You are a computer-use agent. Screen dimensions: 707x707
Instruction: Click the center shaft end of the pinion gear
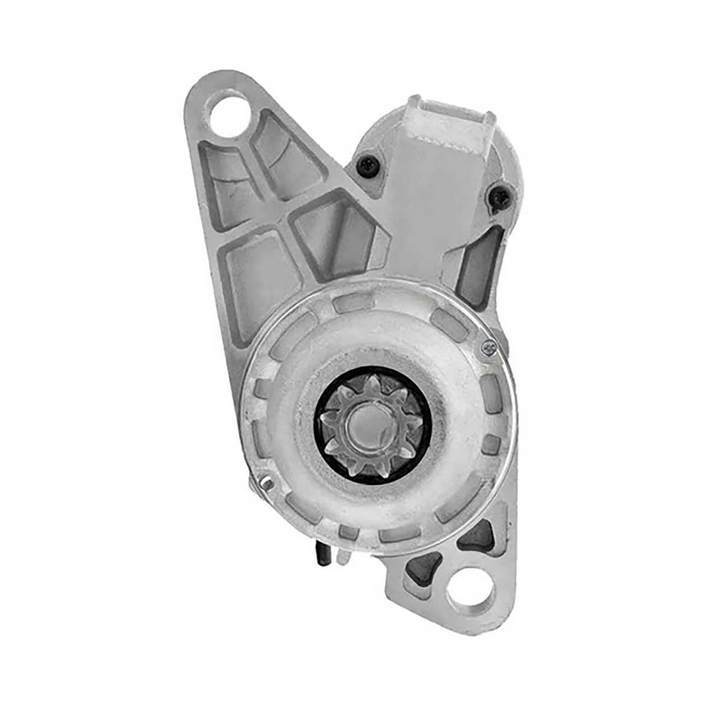tap(369, 425)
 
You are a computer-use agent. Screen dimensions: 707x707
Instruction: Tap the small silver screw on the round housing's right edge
tap(489, 348)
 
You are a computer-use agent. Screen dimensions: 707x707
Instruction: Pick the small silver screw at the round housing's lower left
tap(266, 483)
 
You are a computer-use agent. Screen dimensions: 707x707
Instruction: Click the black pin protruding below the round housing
tap(322, 554)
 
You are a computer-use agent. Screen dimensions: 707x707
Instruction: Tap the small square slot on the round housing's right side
tap(491, 443)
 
